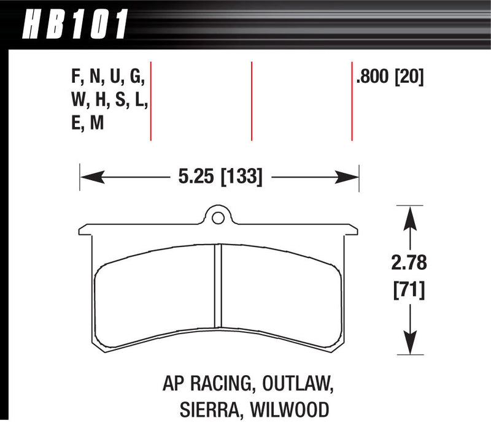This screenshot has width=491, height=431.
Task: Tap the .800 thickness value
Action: [374, 77]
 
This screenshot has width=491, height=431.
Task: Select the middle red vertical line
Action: [252, 101]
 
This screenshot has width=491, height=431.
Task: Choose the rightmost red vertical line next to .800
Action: [352, 101]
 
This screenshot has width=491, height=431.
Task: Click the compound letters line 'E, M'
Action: [87, 123]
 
